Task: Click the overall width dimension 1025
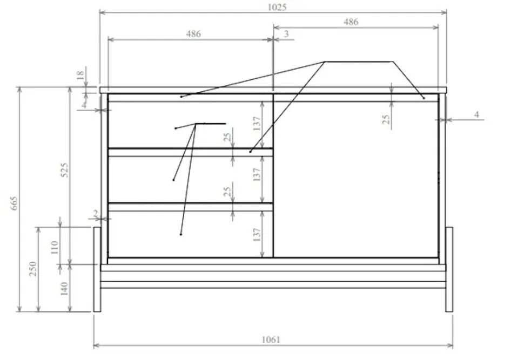(277, 8)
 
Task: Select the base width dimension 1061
(271, 339)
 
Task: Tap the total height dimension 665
(14, 203)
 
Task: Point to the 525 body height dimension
(65, 169)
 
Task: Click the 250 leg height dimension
(33, 268)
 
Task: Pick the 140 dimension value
(64, 289)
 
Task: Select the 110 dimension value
(55, 247)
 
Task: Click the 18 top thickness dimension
(80, 75)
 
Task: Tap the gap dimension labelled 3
(286, 33)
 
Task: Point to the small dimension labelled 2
(96, 213)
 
